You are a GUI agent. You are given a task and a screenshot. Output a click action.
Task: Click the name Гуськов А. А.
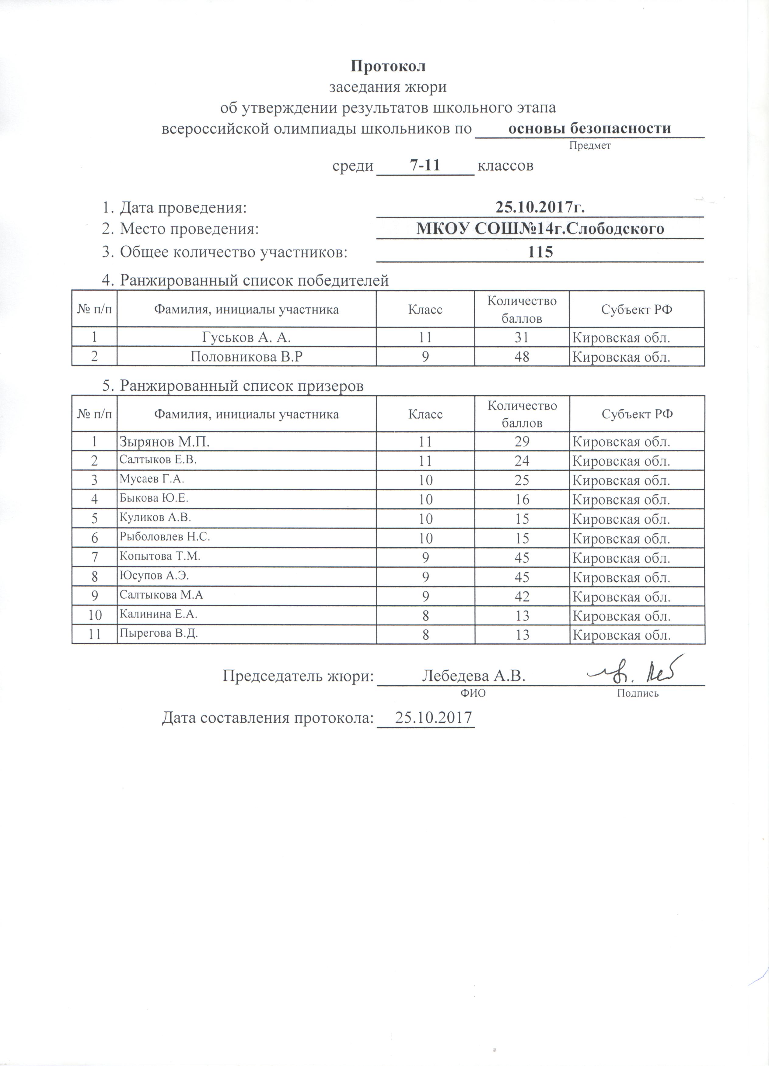[246, 337]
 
